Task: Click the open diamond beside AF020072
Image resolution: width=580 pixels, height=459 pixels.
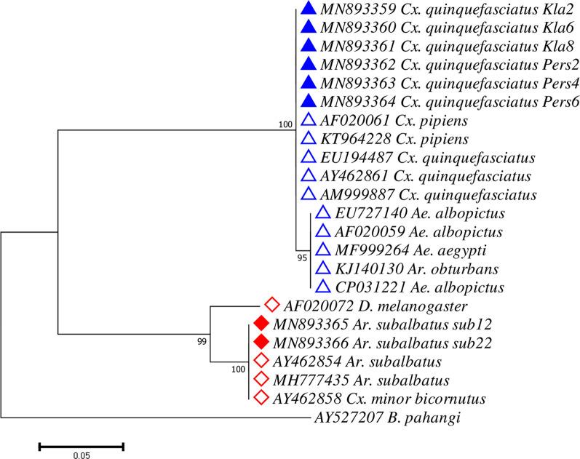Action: coord(272,305)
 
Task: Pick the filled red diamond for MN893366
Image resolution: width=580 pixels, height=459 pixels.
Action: coord(261,342)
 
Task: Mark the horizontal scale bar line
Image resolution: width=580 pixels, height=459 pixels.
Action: coord(81,442)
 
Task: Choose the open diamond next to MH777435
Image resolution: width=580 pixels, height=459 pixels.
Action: coord(261,379)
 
